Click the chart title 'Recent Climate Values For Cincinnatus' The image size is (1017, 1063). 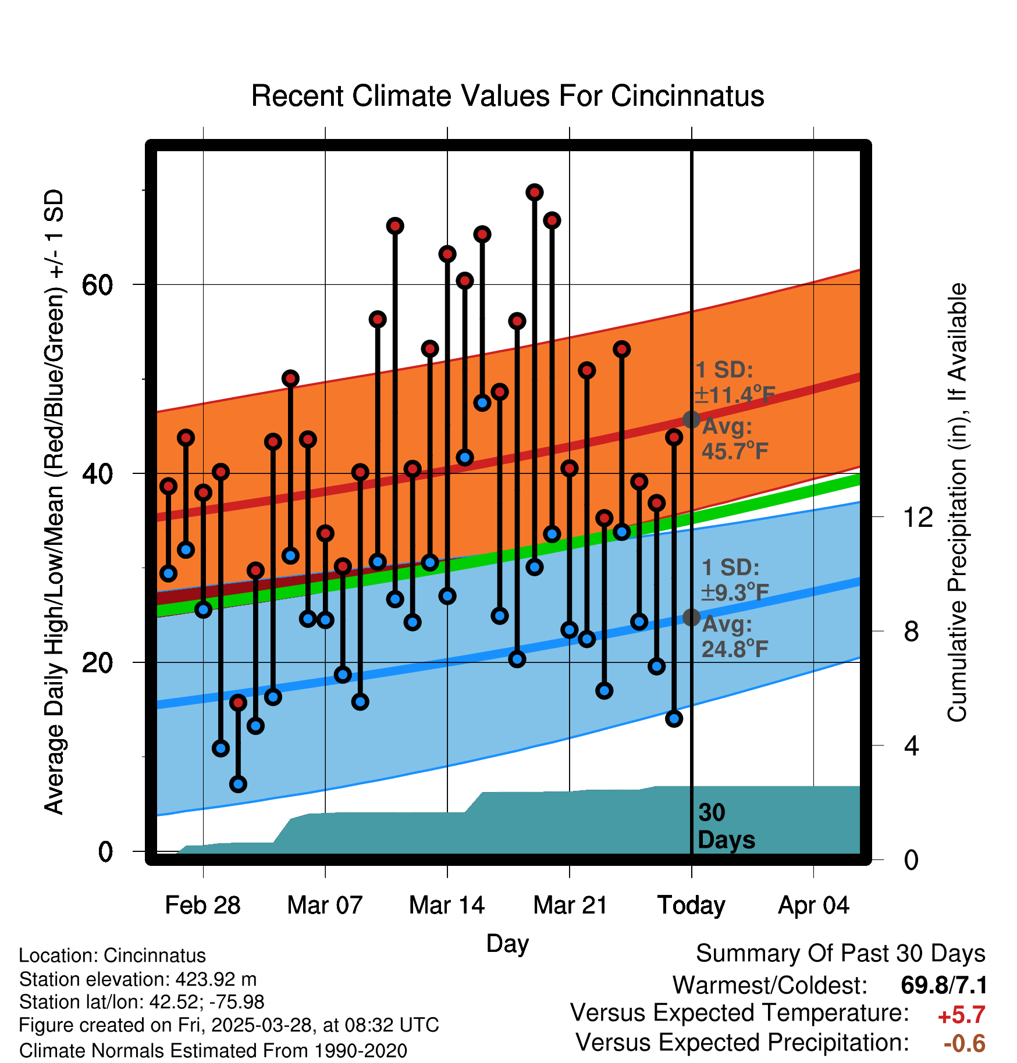point(507,96)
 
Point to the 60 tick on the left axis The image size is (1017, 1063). point(97,285)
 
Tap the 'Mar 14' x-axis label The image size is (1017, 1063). point(447,905)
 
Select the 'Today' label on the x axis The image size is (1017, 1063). point(691,905)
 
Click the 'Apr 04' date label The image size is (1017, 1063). point(813,905)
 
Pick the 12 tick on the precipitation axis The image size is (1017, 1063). point(918,517)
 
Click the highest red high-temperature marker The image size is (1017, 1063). point(535,192)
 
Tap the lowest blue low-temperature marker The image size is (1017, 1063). point(238,784)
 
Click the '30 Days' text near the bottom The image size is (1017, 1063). point(726,826)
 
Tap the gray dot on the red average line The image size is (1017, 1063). point(691,419)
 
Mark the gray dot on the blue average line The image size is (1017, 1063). point(691,617)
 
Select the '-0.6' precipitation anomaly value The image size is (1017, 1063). point(964,1043)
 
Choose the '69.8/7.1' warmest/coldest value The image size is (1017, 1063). point(943,985)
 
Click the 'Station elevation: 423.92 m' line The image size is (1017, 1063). point(138,979)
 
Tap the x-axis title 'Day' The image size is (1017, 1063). point(507,943)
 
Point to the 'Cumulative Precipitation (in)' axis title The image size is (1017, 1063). point(957,503)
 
